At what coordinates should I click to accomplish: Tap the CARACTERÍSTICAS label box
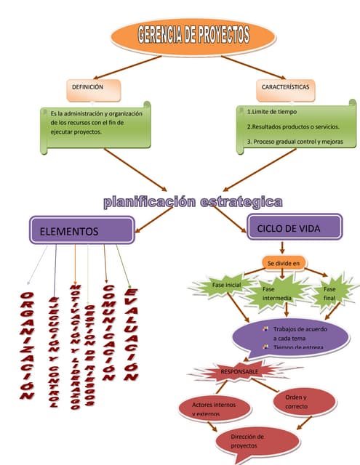[x=285, y=89]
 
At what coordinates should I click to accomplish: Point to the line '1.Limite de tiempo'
[x=273, y=113]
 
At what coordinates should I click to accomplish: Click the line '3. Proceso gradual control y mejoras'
[x=295, y=141]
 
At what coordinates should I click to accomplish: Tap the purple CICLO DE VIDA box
[x=294, y=227]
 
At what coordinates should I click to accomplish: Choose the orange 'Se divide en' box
[x=283, y=262]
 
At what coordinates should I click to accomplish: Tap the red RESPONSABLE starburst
[x=239, y=372]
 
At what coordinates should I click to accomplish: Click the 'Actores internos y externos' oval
[x=216, y=408]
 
